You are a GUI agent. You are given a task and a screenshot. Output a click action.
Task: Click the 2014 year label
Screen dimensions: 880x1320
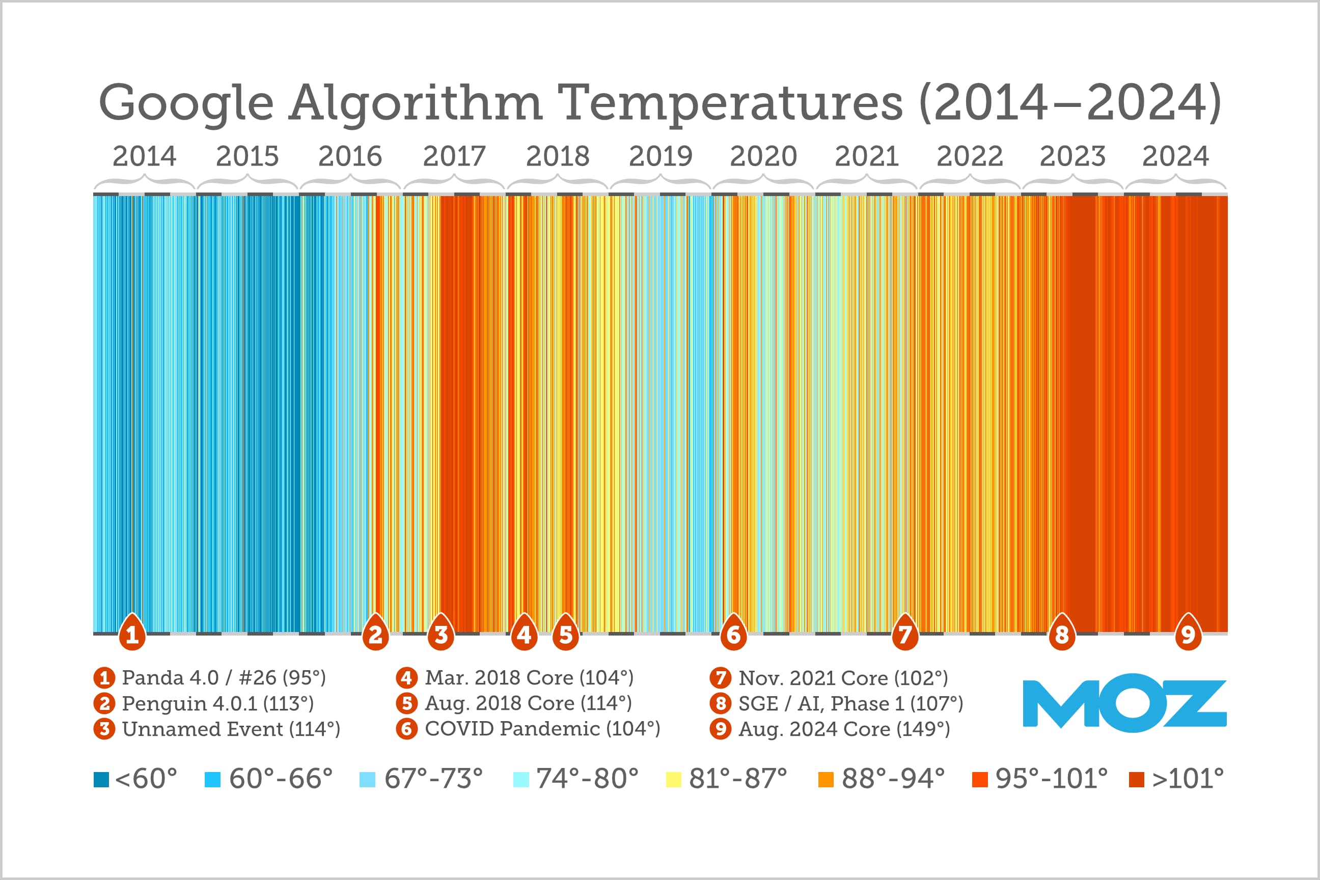(x=144, y=156)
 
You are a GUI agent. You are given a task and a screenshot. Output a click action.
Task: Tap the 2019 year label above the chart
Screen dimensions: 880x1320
(x=660, y=156)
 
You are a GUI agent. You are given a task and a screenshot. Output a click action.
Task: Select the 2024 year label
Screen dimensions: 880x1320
(x=1175, y=156)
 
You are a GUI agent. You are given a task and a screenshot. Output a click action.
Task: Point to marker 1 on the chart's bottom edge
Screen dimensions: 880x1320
(x=132, y=634)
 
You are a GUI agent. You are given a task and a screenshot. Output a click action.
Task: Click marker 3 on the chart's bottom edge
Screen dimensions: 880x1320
(x=441, y=634)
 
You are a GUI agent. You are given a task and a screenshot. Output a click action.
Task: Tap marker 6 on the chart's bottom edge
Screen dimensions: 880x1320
(x=733, y=634)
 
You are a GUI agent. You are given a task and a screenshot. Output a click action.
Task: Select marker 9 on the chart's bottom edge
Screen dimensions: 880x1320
(x=1188, y=634)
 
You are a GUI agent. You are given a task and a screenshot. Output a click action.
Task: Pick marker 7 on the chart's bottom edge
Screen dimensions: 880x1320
(x=904, y=634)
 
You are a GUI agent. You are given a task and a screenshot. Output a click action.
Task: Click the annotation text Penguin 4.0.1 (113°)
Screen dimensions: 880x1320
(x=218, y=703)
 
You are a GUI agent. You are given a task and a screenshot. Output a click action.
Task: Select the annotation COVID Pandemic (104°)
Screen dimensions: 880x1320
(x=542, y=728)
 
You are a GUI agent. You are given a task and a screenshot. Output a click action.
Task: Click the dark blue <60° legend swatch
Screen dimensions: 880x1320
(x=101, y=780)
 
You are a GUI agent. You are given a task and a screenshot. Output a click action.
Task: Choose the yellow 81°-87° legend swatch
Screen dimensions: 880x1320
(x=673, y=780)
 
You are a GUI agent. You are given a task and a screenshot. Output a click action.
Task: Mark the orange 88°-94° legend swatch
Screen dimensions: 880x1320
(x=826, y=780)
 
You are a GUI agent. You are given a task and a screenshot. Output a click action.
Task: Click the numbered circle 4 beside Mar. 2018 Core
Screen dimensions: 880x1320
(x=406, y=678)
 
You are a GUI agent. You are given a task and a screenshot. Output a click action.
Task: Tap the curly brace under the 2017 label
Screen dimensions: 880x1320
(x=454, y=182)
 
